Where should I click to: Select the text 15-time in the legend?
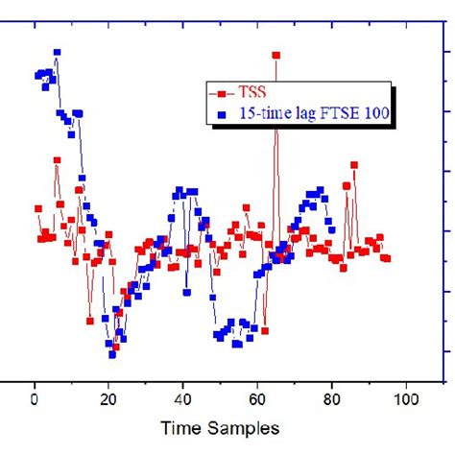pyautogui.click(x=266, y=113)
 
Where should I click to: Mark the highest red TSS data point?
pyautogui.click(x=276, y=56)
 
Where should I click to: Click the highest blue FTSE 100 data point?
pyautogui.click(x=58, y=52)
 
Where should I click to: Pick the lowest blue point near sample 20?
pyautogui.click(x=112, y=354)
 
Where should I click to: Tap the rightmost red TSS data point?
pyautogui.click(x=387, y=258)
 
